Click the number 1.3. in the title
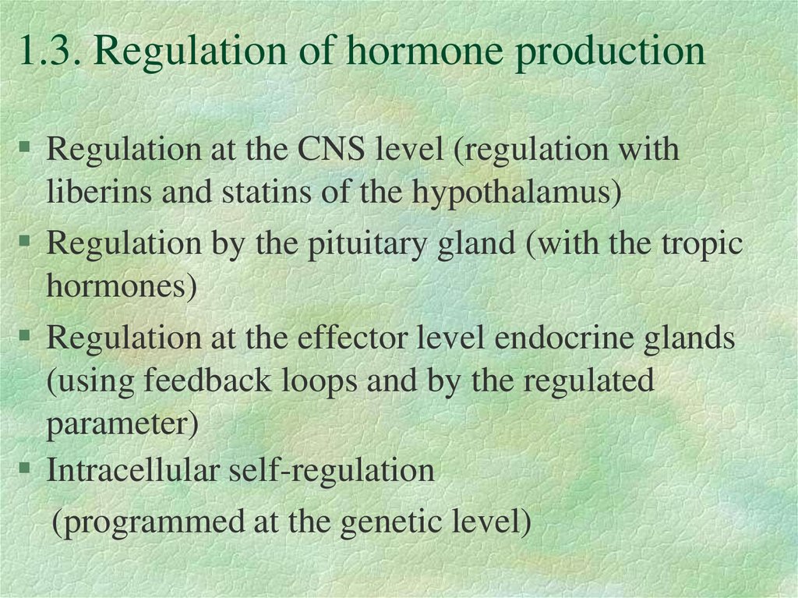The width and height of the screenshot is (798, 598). click(x=50, y=52)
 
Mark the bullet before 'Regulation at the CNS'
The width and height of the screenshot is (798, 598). click(x=25, y=147)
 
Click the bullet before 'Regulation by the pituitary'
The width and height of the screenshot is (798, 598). click(x=25, y=242)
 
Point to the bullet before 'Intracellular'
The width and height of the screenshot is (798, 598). click(x=25, y=469)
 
